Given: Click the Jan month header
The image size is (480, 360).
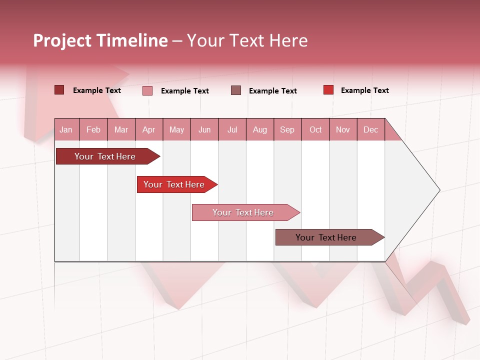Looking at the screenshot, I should click(66, 129).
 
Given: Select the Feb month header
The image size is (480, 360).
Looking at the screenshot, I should click(93, 129).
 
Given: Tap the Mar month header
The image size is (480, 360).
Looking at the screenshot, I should click(121, 129).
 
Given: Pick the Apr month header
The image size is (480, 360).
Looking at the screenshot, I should click(149, 129).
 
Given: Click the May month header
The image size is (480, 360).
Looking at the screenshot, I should click(176, 129).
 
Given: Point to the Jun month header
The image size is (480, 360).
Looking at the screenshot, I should click(204, 129).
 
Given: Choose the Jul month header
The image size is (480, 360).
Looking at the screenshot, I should click(232, 129).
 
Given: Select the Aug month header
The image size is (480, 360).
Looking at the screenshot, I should click(260, 129).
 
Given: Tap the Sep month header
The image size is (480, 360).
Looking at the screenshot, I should click(287, 129).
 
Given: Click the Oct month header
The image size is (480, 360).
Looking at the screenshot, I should click(315, 129).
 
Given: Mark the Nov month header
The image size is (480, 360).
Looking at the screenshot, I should click(343, 129).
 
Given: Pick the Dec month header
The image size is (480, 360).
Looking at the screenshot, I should click(371, 129).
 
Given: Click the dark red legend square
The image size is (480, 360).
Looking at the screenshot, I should click(59, 90).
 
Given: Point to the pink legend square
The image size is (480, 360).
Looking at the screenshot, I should click(147, 90).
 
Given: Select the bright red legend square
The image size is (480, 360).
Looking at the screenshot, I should click(328, 90).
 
